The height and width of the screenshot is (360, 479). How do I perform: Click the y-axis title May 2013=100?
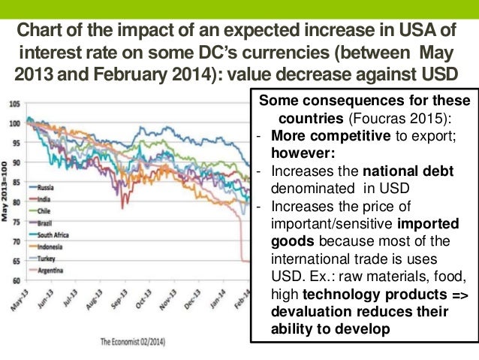[6, 192]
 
